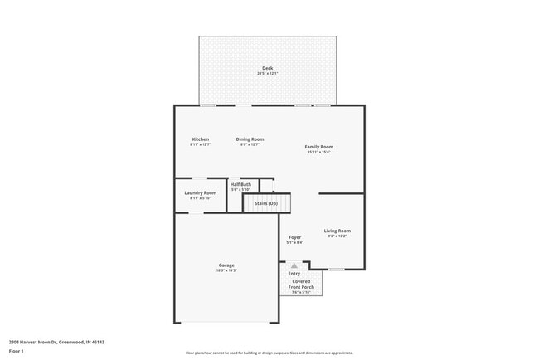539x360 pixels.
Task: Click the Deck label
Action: click(268, 68)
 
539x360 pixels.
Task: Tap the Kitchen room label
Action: click(201, 139)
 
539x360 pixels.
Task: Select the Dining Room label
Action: click(250, 139)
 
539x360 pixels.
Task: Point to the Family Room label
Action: click(318, 147)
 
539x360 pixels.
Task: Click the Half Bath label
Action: click(240, 184)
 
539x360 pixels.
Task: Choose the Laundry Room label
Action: click(201, 192)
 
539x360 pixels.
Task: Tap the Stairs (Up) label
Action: click(266, 202)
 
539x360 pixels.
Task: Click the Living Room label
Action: click(337, 231)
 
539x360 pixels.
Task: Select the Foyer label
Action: click(294, 237)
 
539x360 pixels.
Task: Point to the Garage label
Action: click(226, 265)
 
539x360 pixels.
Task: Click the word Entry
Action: click(294, 273)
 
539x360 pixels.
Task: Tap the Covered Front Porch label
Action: click(301, 284)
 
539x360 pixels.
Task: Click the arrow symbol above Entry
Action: click(294, 265)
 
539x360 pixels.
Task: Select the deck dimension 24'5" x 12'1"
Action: click(268, 74)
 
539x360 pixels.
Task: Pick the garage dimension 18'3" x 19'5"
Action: click(226, 270)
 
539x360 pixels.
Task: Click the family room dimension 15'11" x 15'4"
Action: click(318, 153)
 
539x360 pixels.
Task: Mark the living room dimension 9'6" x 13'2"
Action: click(337, 236)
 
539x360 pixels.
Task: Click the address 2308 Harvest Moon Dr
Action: click(56, 342)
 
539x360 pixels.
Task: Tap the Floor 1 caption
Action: click(17, 351)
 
